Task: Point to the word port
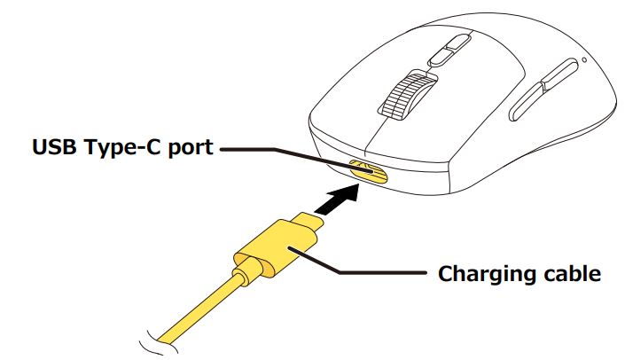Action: point(188,147)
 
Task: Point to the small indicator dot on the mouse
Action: point(582,61)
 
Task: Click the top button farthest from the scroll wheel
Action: point(457,41)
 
